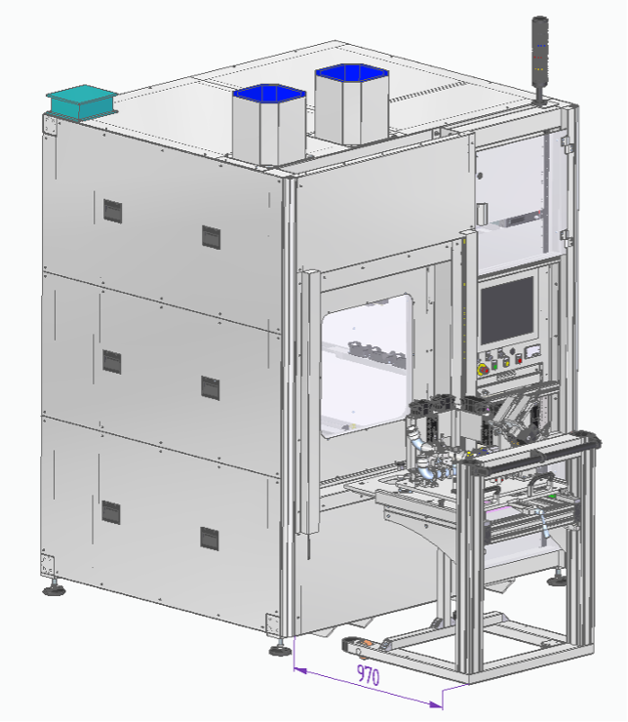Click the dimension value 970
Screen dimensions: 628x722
coord(368,675)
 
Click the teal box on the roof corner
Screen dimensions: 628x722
coord(82,102)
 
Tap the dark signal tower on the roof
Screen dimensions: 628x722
coord(540,59)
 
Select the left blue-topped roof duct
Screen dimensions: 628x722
coord(269,124)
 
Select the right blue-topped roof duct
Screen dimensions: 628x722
coord(352,104)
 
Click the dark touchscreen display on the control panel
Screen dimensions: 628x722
coord(507,311)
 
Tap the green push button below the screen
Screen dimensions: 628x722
coord(494,365)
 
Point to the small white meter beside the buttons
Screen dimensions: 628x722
coord(532,351)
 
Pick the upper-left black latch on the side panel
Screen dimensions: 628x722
coord(113,212)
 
